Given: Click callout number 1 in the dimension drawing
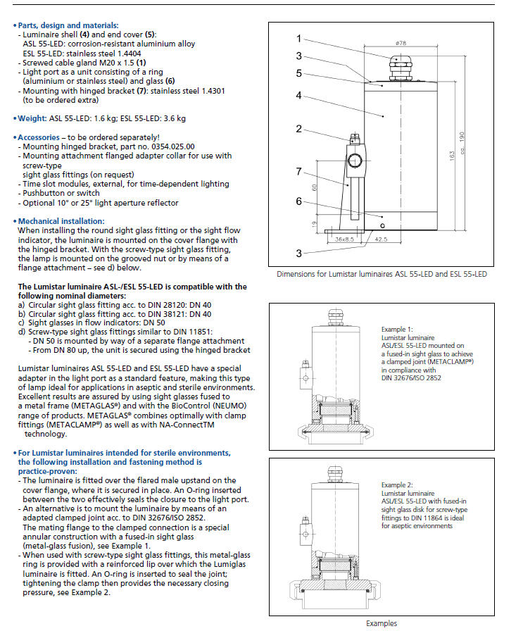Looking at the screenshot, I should pyautogui.click(x=298, y=39).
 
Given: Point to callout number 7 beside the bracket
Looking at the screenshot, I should pyautogui.click(x=298, y=171).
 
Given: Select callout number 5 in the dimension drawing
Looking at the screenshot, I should pyautogui.click(x=298, y=73).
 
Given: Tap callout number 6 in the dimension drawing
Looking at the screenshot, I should pyautogui.click(x=298, y=201).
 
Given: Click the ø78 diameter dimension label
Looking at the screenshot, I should pyautogui.click(x=401, y=43).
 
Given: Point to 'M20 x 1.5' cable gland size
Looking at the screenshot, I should pyautogui.click(x=114, y=63).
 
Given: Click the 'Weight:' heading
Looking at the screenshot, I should pyautogui.click(x=34, y=118).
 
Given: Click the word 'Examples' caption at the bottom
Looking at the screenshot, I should pyautogui.click(x=382, y=623).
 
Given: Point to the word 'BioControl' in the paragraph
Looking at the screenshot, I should pyautogui.click(x=159, y=416).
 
